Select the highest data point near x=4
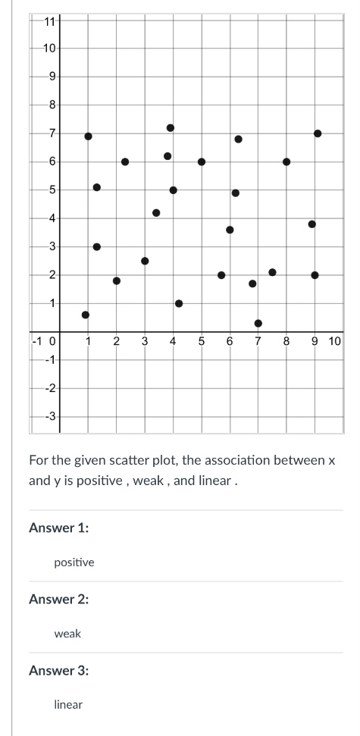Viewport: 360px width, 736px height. coord(171,127)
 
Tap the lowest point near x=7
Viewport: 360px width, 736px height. coord(258,323)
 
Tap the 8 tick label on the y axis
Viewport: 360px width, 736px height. coord(52,105)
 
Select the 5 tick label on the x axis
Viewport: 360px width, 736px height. coord(201,342)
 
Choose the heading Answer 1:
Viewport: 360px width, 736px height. coord(58,528)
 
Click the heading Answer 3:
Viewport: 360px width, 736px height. coord(58,670)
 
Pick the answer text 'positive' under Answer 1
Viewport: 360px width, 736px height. coord(74,562)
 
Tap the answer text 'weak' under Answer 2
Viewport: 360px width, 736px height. coord(67,633)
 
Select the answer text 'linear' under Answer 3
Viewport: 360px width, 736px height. coord(68,704)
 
